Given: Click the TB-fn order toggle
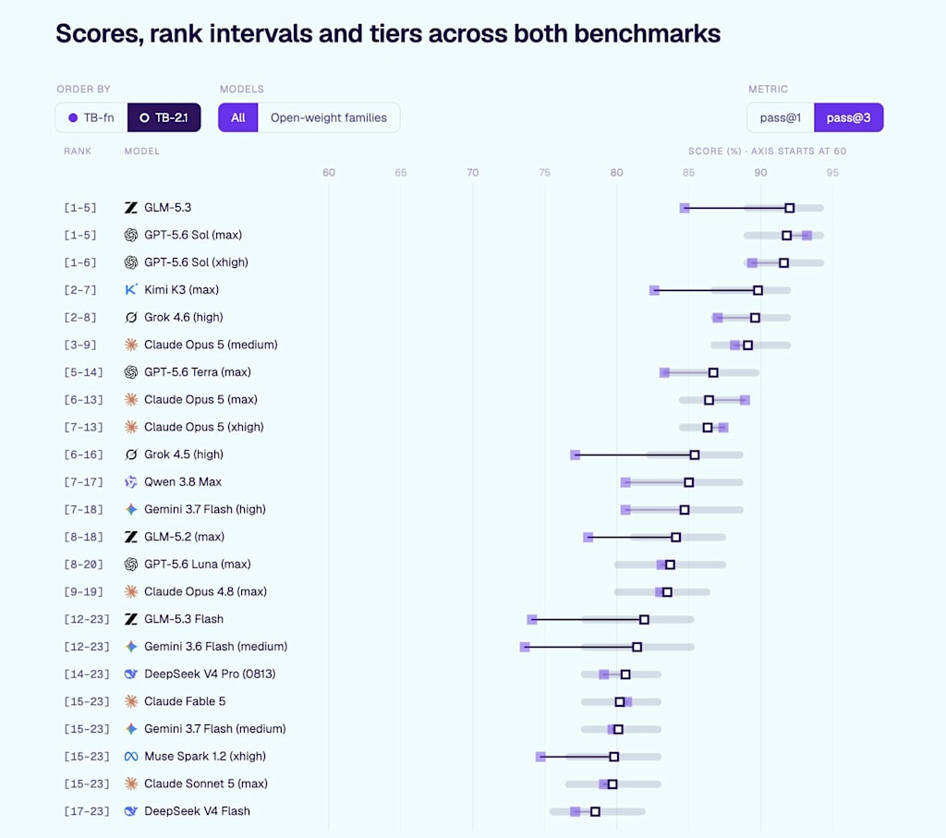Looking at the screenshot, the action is [x=91, y=117].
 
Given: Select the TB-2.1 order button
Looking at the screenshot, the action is [x=164, y=117].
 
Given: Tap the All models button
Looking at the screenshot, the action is [x=238, y=117].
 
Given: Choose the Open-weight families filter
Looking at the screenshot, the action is [x=329, y=117].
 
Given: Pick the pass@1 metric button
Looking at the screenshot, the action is [x=781, y=117].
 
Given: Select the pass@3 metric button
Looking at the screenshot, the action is [x=849, y=117].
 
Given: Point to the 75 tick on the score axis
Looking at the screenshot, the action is [x=544, y=173].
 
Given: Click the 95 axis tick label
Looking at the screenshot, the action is [x=832, y=173].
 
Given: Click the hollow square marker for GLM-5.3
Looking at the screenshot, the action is [x=790, y=208].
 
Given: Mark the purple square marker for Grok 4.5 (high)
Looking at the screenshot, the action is [x=575, y=455].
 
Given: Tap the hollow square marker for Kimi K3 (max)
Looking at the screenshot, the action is [x=758, y=291].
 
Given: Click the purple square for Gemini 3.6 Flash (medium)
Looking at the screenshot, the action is [x=525, y=648].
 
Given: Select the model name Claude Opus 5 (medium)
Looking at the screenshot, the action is [x=211, y=345].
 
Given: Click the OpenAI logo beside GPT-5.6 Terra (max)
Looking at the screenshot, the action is [x=131, y=372].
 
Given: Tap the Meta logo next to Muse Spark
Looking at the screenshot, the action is [x=131, y=757].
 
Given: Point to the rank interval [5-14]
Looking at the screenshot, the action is [x=83, y=372].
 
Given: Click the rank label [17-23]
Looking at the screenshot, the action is [x=87, y=811].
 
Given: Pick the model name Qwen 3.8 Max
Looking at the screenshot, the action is [x=183, y=482].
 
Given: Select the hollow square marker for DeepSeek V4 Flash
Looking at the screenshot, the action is [x=596, y=812].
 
